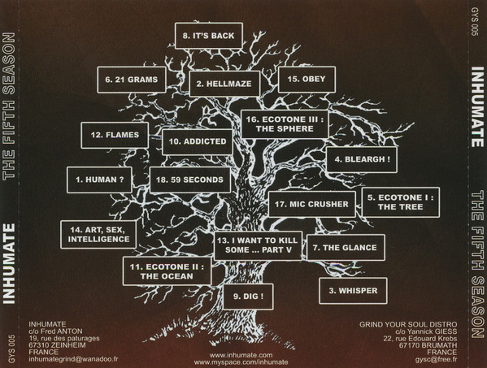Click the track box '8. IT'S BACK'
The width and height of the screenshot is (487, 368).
pyautogui.click(x=209, y=36)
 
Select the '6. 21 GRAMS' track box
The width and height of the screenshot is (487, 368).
pyautogui.click(x=132, y=80)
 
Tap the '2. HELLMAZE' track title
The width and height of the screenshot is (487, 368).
pyautogui.click(x=224, y=84)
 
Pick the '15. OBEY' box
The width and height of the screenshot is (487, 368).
pyautogui.click(x=307, y=80)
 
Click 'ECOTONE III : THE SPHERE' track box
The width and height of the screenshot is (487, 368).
pyautogui.click(x=285, y=124)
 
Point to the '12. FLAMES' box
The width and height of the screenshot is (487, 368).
pyautogui.click(x=115, y=135)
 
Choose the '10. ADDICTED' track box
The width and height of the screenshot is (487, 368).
pyautogui.click(x=198, y=142)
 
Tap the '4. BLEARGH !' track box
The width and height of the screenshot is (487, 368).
pyautogui.click(x=362, y=159)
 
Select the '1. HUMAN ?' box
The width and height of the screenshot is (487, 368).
pyautogui.click(x=99, y=180)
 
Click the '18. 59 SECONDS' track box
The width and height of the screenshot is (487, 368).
pyautogui.click(x=190, y=180)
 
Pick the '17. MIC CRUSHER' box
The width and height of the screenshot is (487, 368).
pyautogui.click(x=312, y=204)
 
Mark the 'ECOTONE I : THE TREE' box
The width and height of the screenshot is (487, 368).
pyautogui.click(x=401, y=202)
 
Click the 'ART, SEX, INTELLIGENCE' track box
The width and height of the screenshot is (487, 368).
pyautogui.click(x=98, y=235)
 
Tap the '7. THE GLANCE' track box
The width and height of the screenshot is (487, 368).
pyautogui.click(x=346, y=248)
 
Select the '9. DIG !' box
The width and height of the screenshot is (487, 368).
pyautogui.click(x=248, y=297)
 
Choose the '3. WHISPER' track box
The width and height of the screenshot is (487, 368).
pyautogui.click(x=353, y=291)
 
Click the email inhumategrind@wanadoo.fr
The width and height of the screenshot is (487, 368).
pyautogui.click(x=74, y=359)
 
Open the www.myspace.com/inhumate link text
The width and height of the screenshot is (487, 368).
pyautogui.click(x=241, y=362)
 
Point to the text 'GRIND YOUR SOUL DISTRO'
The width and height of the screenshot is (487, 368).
pyautogui.click(x=408, y=325)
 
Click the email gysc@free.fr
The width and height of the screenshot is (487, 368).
pyautogui.click(x=436, y=360)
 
